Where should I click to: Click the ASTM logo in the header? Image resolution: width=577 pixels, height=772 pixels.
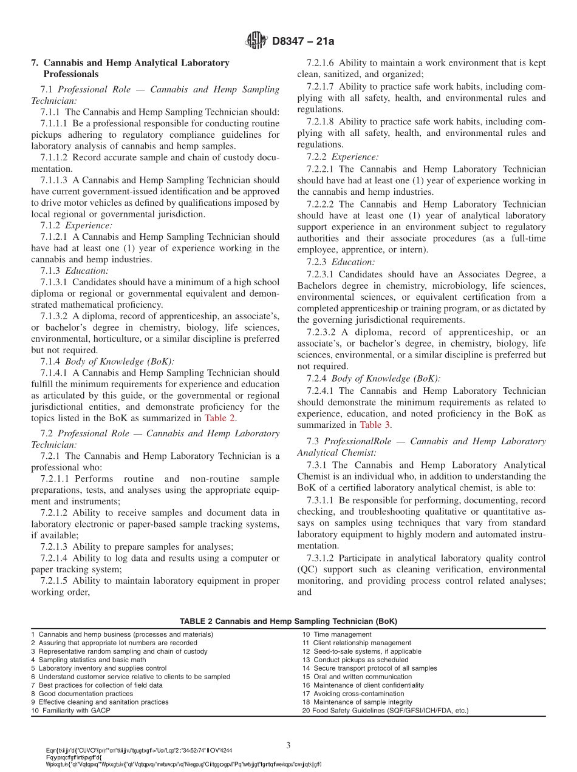256,41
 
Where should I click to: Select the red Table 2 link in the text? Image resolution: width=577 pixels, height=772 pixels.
220,418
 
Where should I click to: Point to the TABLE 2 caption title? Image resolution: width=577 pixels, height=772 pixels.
288,621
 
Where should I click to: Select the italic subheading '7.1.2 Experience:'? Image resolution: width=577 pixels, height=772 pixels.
75,225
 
